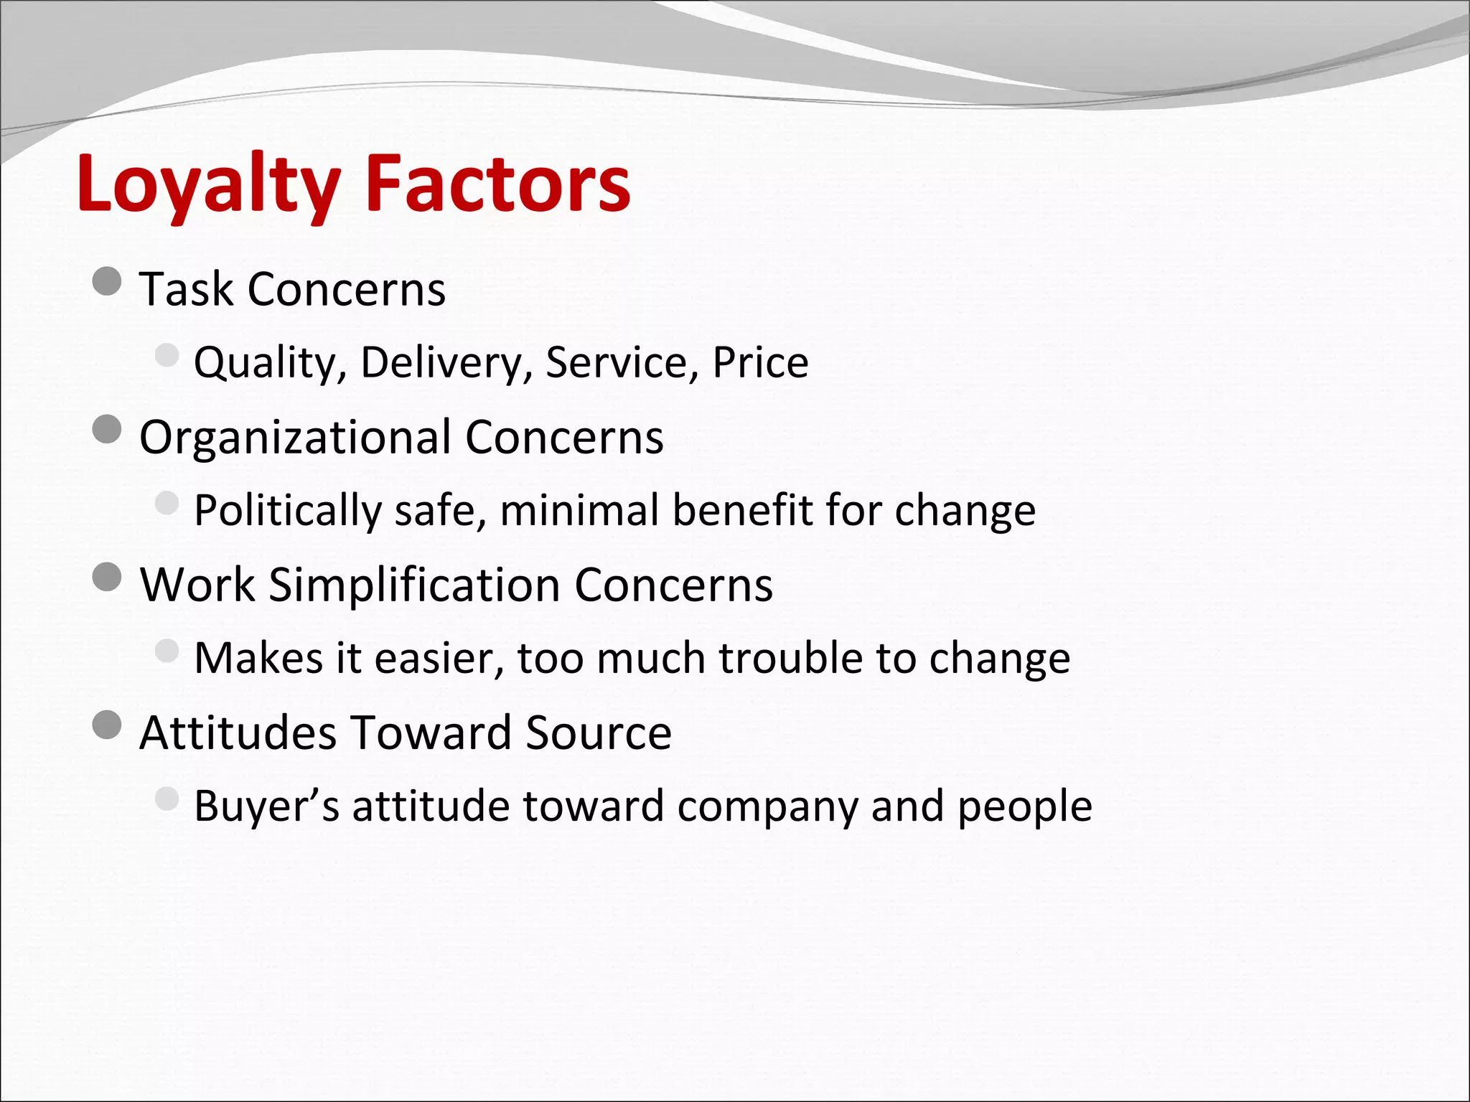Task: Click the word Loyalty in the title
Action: [208, 185]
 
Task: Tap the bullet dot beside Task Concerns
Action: [108, 281]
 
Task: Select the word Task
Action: [187, 289]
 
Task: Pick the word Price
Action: [760, 362]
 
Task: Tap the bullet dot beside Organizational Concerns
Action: [108, 430]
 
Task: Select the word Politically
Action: [287, 511]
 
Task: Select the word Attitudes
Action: [238, 733]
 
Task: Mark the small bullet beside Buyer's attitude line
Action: [167, 798]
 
